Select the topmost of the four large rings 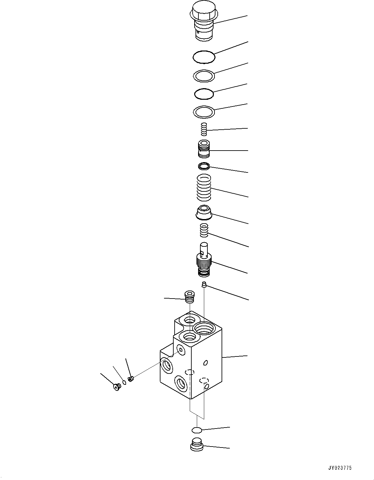pyautogui.click(x=204, y=57)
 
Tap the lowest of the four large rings pyautogui.click(x=204, y=112)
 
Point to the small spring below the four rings pyautogui.click(x=204, y=129)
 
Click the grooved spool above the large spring pyautogui.click(x=204, y=149)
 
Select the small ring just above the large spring pyautogui.click(x=204, y=166)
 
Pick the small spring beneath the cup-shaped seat pyautogui.click(x=204, y=230)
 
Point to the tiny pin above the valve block pyautogui.click(x=204, y=284)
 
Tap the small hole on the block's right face pyautogui.click(x=206, y=363)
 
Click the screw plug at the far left pyautogui.click(x=116, y=387)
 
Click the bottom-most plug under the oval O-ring pyautogui.click(x=196, y=445)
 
